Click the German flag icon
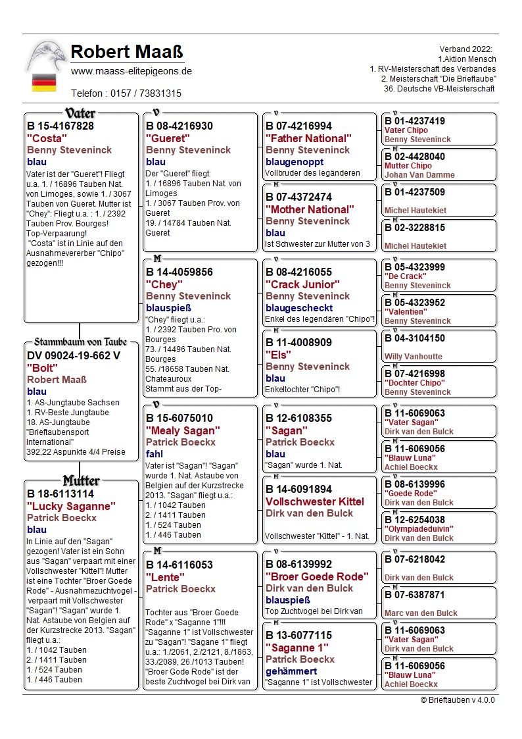44,82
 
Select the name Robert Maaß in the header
126,52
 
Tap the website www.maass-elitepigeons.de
131,71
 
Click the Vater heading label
81,113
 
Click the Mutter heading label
81,480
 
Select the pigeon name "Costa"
47,138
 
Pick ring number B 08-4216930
179,126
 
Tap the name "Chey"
163,284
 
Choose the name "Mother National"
310,209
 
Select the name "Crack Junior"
302,284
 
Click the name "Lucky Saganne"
71,506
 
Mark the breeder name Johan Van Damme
419,175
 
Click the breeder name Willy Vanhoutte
415,357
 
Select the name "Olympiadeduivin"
419,528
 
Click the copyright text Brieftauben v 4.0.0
458,700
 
